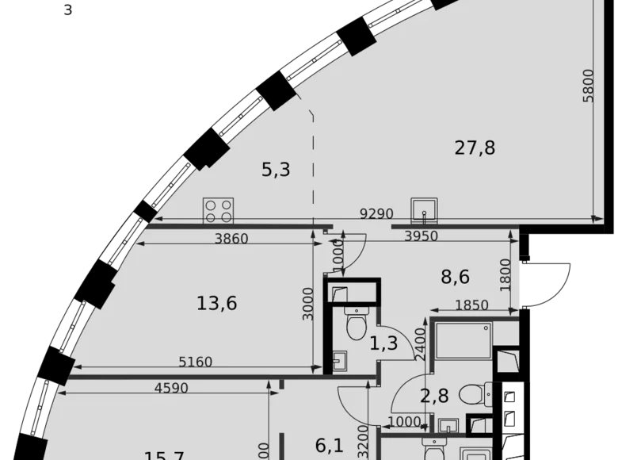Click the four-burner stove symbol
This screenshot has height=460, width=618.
219,209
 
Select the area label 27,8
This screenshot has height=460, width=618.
475,147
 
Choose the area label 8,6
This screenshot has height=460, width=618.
456,277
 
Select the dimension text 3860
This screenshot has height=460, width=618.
231,237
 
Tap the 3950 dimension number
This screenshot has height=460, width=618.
422,237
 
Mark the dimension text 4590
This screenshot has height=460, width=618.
172,389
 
